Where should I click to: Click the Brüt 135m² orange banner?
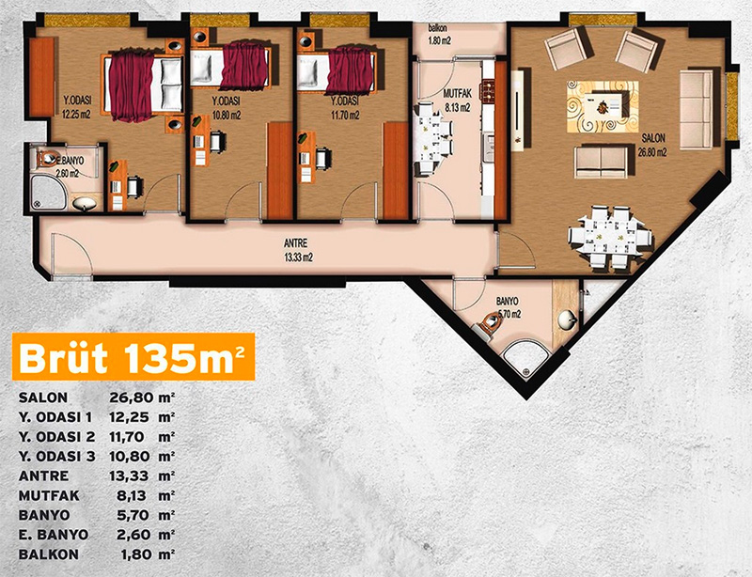click(x=133, y=357)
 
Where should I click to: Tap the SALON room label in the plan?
click(x=653, y=138)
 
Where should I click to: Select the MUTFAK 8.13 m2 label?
click(x=457, y=101)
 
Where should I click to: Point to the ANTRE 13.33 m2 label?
click(x=298, y=250)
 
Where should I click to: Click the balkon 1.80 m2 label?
click(x=440, y=35)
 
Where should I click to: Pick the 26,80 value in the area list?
click(x=130, y=398)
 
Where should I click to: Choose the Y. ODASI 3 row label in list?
click(x=57, y=457)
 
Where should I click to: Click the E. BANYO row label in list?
click(x=54, y=535)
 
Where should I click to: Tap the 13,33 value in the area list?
click(x=130, y=476)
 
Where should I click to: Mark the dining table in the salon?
click(x=609, y=237)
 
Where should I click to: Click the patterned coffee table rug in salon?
click(x=603, y=106)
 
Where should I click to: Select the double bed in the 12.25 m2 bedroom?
click(x=143, y=86)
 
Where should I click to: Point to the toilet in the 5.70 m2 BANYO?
click(x=487, y=325)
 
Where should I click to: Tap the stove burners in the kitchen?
click(x=488, y=90)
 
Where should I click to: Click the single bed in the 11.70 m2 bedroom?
click(x=336, y=71)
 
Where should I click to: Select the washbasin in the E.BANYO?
click(x=85, y=203)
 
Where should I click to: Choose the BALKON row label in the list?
click(x=49, y=554)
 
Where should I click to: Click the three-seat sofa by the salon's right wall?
click(x=697, y=110)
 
